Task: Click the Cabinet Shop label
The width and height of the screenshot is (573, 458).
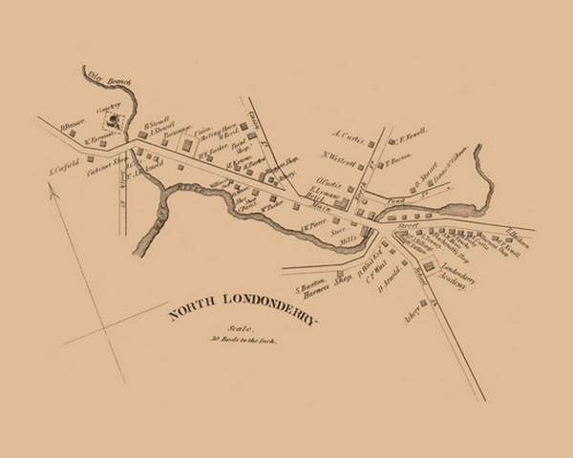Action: click(x=106, y=165)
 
